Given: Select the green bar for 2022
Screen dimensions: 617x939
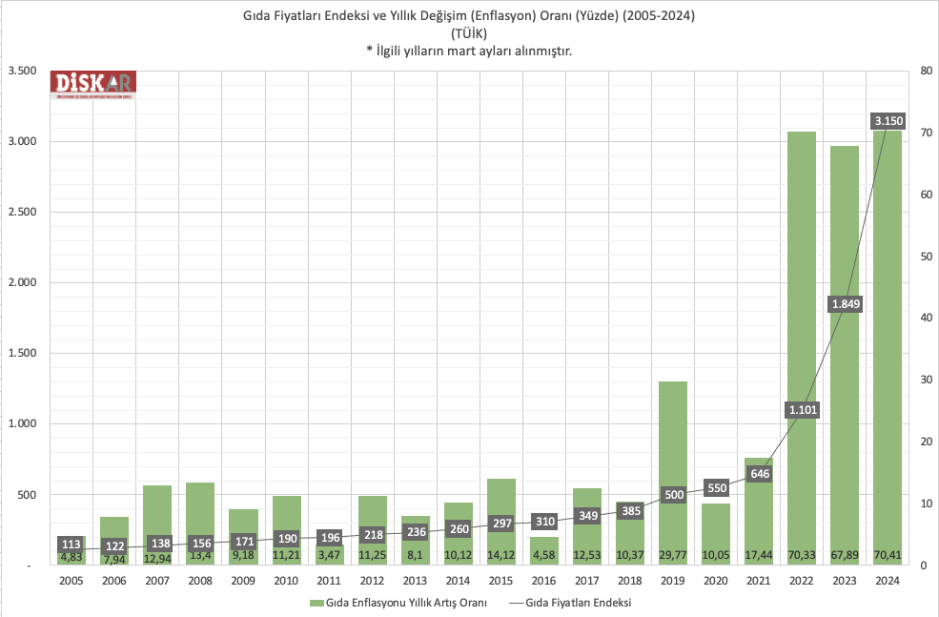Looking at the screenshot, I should pos(802,286).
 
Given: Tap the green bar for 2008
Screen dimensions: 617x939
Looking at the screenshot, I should pos(200,515).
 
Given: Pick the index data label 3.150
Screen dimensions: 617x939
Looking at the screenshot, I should pos(888,121).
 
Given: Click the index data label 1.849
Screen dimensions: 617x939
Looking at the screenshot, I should pos(846,304).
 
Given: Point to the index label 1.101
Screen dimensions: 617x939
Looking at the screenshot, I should pos(802,410).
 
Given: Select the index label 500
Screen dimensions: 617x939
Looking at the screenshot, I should pos(672,495).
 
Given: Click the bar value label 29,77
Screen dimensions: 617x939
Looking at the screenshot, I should pos(672,555).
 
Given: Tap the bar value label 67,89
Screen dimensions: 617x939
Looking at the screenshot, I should pos(845,555).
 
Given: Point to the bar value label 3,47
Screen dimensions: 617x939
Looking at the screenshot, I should pos(329,555).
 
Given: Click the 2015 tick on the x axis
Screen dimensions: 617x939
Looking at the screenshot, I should pos(500,580).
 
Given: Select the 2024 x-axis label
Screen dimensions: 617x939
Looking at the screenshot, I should pos(888,580).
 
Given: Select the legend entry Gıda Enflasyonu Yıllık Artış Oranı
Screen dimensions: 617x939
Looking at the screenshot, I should pos(406,603).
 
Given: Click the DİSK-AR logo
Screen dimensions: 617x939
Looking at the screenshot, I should pos(93,84).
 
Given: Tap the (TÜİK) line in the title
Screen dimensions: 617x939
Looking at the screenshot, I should pos(469,33).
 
